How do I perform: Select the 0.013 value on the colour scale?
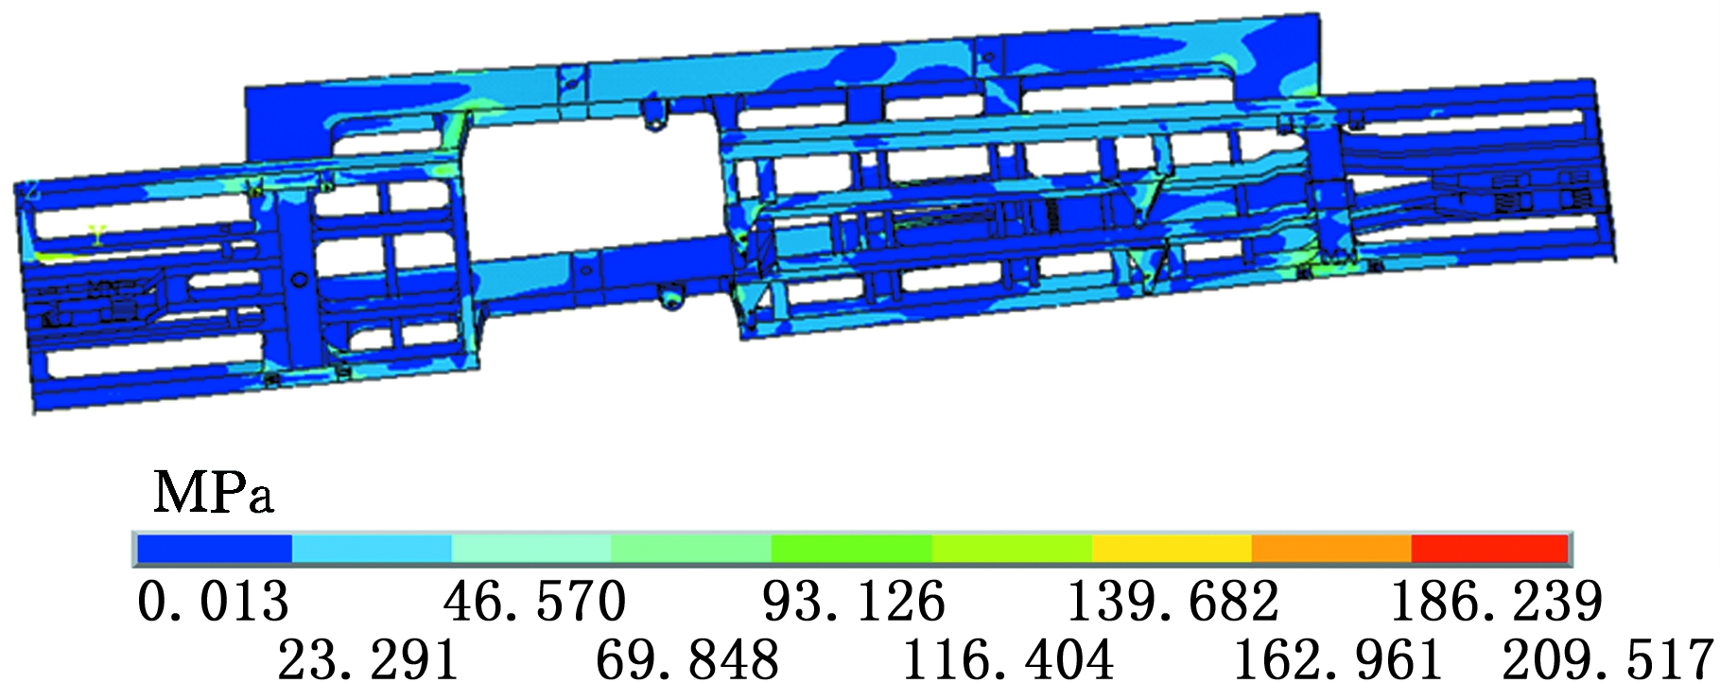[x=213, y=601]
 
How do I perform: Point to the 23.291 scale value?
[x=368, y=658]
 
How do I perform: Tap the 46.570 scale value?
[x=534, y=601]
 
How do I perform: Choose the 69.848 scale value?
[x=687, y=658]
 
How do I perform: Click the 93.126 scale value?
[x=854, y=601]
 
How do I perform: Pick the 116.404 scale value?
[x=1008, y=658]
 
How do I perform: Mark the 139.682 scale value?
[x=1173, y=601]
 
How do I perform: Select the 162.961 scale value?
[x=1338, y=658]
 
